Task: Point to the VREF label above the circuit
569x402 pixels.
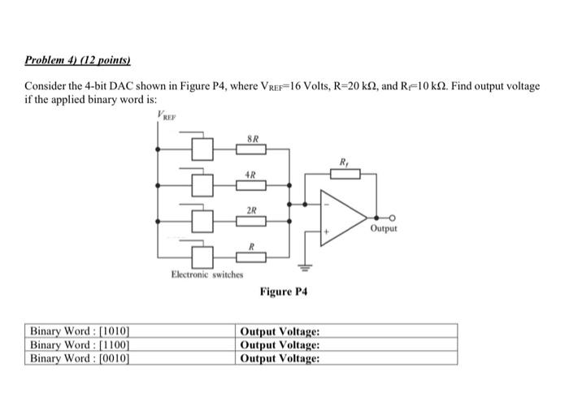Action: (x=165, y=119)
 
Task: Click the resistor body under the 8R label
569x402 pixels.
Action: (x=251, y=149)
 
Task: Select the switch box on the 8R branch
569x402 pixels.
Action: (x=202, y=149)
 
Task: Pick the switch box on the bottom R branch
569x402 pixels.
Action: (x=202, y=257)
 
